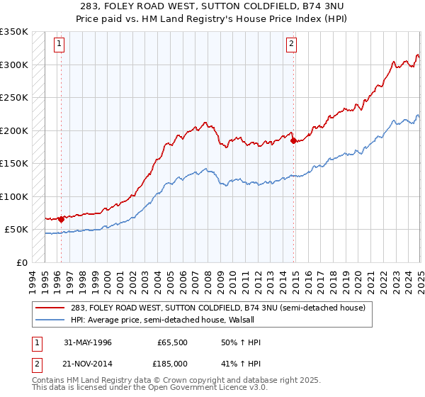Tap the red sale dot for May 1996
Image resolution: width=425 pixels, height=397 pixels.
(61, 219)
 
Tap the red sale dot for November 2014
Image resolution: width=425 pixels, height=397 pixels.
(293, 140)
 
